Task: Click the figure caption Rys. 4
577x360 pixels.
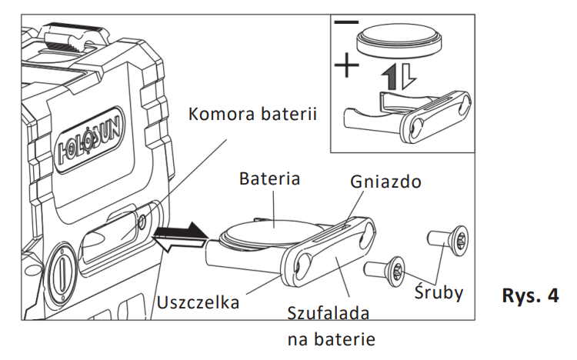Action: pos(531,296)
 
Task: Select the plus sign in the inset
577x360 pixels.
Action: pos(347,66)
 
